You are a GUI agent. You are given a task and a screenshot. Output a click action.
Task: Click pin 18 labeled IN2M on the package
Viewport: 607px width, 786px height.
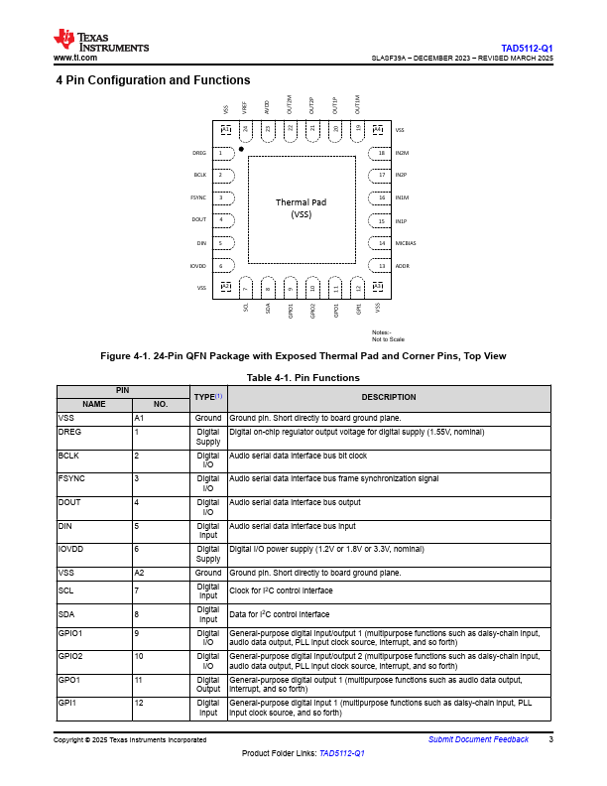[382, 153]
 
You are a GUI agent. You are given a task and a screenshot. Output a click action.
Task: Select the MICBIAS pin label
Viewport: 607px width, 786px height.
[406, 243]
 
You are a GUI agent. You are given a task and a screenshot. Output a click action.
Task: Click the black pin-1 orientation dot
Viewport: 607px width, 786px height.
[255, 148]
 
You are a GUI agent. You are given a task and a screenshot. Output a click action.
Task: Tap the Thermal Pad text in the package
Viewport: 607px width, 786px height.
[301, 202]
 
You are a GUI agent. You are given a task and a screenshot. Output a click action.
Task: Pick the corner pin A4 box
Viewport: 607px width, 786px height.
[377, 130]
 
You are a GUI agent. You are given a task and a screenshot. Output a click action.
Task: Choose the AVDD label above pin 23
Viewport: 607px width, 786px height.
[267, 106]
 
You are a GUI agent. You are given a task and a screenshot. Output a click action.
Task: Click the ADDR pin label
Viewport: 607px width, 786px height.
[402, 266]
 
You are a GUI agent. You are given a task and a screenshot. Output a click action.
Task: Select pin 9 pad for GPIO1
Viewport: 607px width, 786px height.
[291, 287]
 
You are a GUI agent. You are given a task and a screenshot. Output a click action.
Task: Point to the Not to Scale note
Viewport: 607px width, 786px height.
[388, 339]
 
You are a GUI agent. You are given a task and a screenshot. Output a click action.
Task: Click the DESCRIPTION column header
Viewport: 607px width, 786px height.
[389, 397]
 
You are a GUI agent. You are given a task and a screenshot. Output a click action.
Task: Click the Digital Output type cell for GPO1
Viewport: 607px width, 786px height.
[208, 684]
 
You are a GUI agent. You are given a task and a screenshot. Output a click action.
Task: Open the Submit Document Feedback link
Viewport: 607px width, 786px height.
[478, 740]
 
